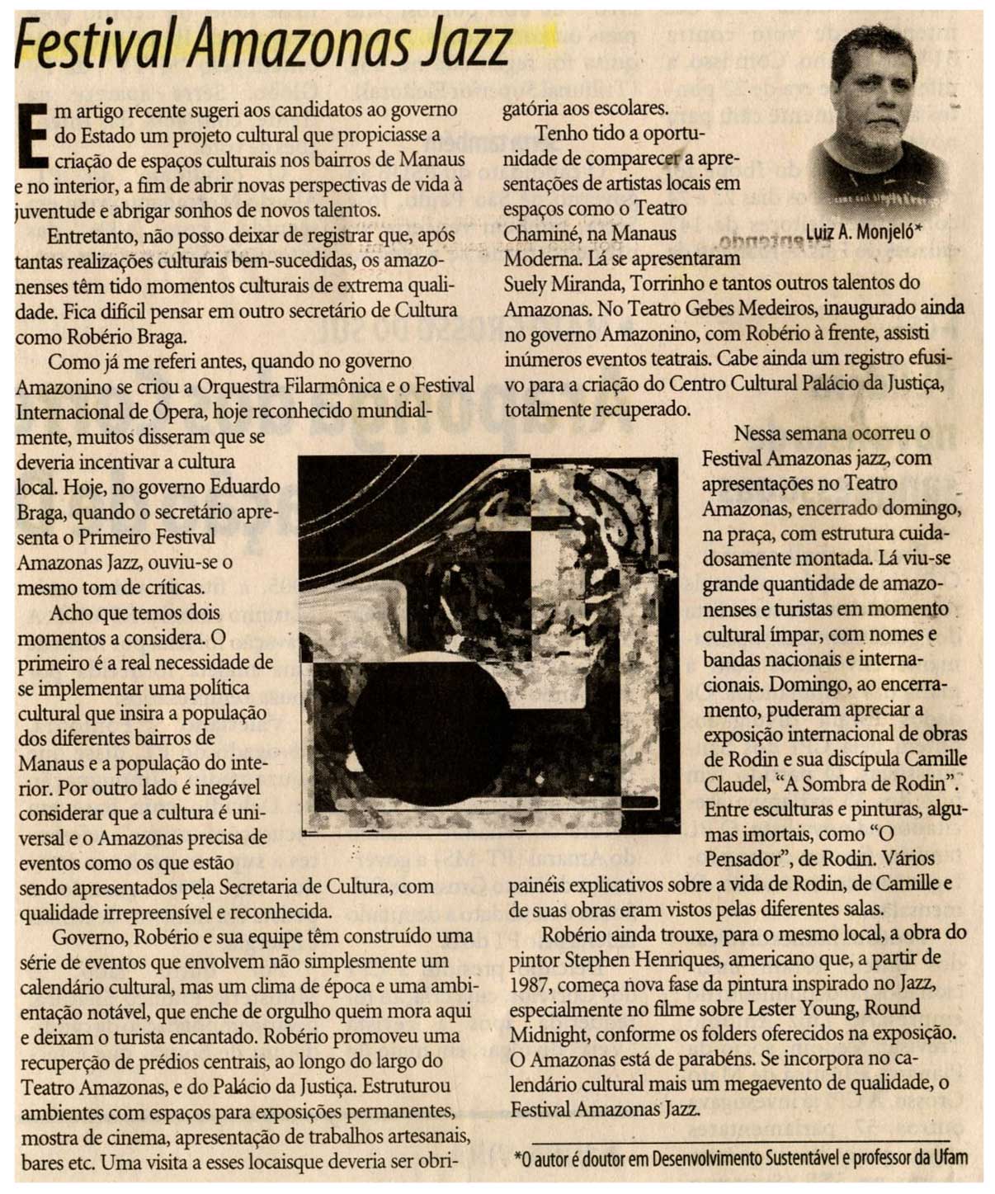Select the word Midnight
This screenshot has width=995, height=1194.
tap(549, 1034)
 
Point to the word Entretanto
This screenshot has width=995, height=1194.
tap(91, 236)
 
